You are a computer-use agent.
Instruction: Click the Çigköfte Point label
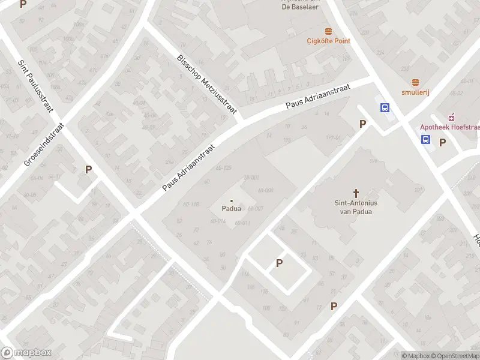(x=328, y=41)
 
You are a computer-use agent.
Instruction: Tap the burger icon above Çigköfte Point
(x=328, y=31)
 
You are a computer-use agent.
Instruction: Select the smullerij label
(x=415, y=92)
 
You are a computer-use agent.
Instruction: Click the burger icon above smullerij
(x=415, y=82)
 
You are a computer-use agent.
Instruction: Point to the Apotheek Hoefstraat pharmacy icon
(x=452, y=116)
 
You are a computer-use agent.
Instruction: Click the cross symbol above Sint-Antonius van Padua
(x=356, y=193)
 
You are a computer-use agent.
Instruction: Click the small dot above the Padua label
(x=232, y=200)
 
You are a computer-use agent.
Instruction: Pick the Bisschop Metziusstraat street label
(x=207, y=83)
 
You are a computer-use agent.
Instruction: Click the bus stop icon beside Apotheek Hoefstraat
(x=425, y=140)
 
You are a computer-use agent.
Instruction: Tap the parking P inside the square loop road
(x=279, y=263)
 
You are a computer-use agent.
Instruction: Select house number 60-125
(x=223, y=167)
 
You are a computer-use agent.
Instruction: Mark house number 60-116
(x=191, y=205)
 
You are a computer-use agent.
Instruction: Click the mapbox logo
(x=26, y=353)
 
